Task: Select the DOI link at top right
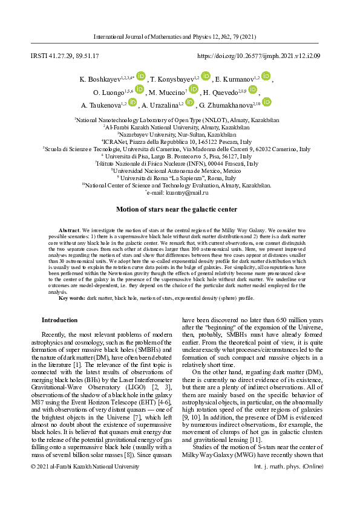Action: pos(259,56)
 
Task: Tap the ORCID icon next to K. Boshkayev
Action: pos(141,76)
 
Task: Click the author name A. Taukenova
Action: pos(100,105)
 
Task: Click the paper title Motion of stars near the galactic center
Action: pos(177,209)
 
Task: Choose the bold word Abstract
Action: pos(70,231)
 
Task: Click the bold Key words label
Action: pos(72,298)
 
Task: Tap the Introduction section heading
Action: pos(59,320)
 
